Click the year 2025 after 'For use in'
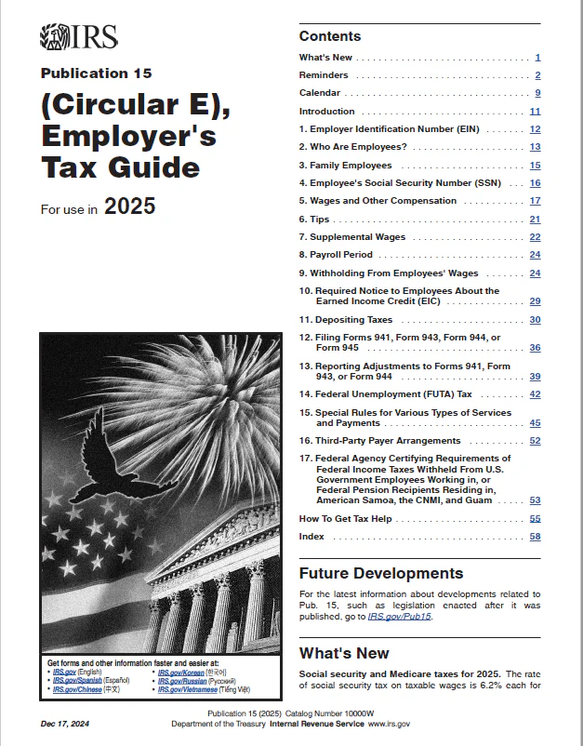(x=129, y=206)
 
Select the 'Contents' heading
(x=329, y=36)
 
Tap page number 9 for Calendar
(x=537, y=93)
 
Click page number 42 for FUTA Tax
(x=535, y=394)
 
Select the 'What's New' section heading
(x=344, y=653)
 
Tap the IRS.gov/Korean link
(x=179, y=672)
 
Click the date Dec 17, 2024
(x=66, y=724)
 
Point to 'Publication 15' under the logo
(x=96, y=73)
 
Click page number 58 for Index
(x=535, y=537)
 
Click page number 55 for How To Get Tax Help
(x=535, y=518)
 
